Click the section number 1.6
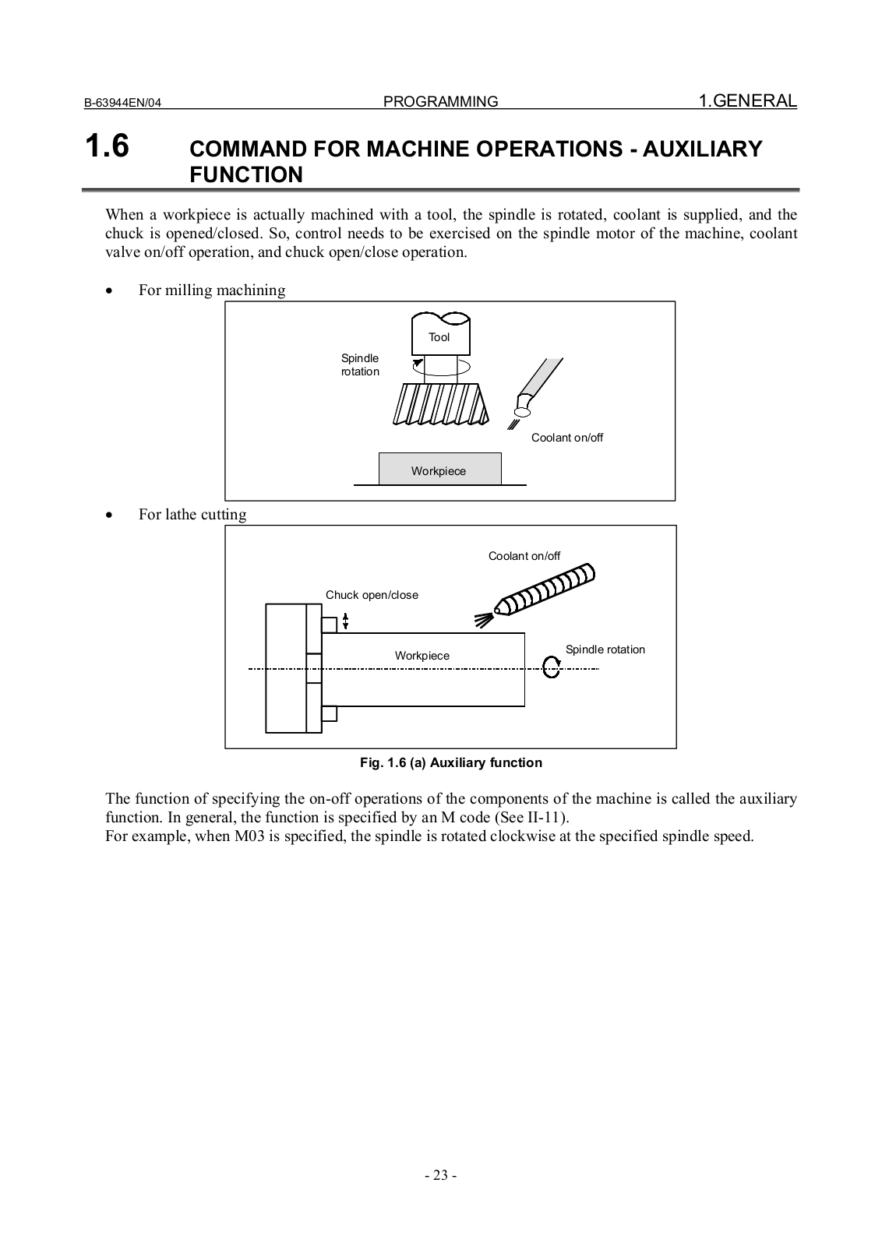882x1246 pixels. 107,146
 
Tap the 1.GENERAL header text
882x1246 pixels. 747,100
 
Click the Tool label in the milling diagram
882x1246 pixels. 439,337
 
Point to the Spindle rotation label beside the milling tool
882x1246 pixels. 360,364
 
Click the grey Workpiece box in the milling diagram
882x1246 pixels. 439,470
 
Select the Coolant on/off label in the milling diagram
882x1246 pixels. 567,438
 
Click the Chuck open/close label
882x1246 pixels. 372,595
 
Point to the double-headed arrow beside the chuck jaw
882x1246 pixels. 346,621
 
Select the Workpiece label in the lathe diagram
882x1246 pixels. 422,656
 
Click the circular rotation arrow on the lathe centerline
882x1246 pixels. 552,667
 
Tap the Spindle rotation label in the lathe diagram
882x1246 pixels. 605,649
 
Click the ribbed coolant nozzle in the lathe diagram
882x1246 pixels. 545,590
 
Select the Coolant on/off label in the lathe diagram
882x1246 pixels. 524,556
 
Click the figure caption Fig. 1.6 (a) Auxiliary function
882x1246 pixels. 450,762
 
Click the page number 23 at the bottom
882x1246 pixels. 440,1176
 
